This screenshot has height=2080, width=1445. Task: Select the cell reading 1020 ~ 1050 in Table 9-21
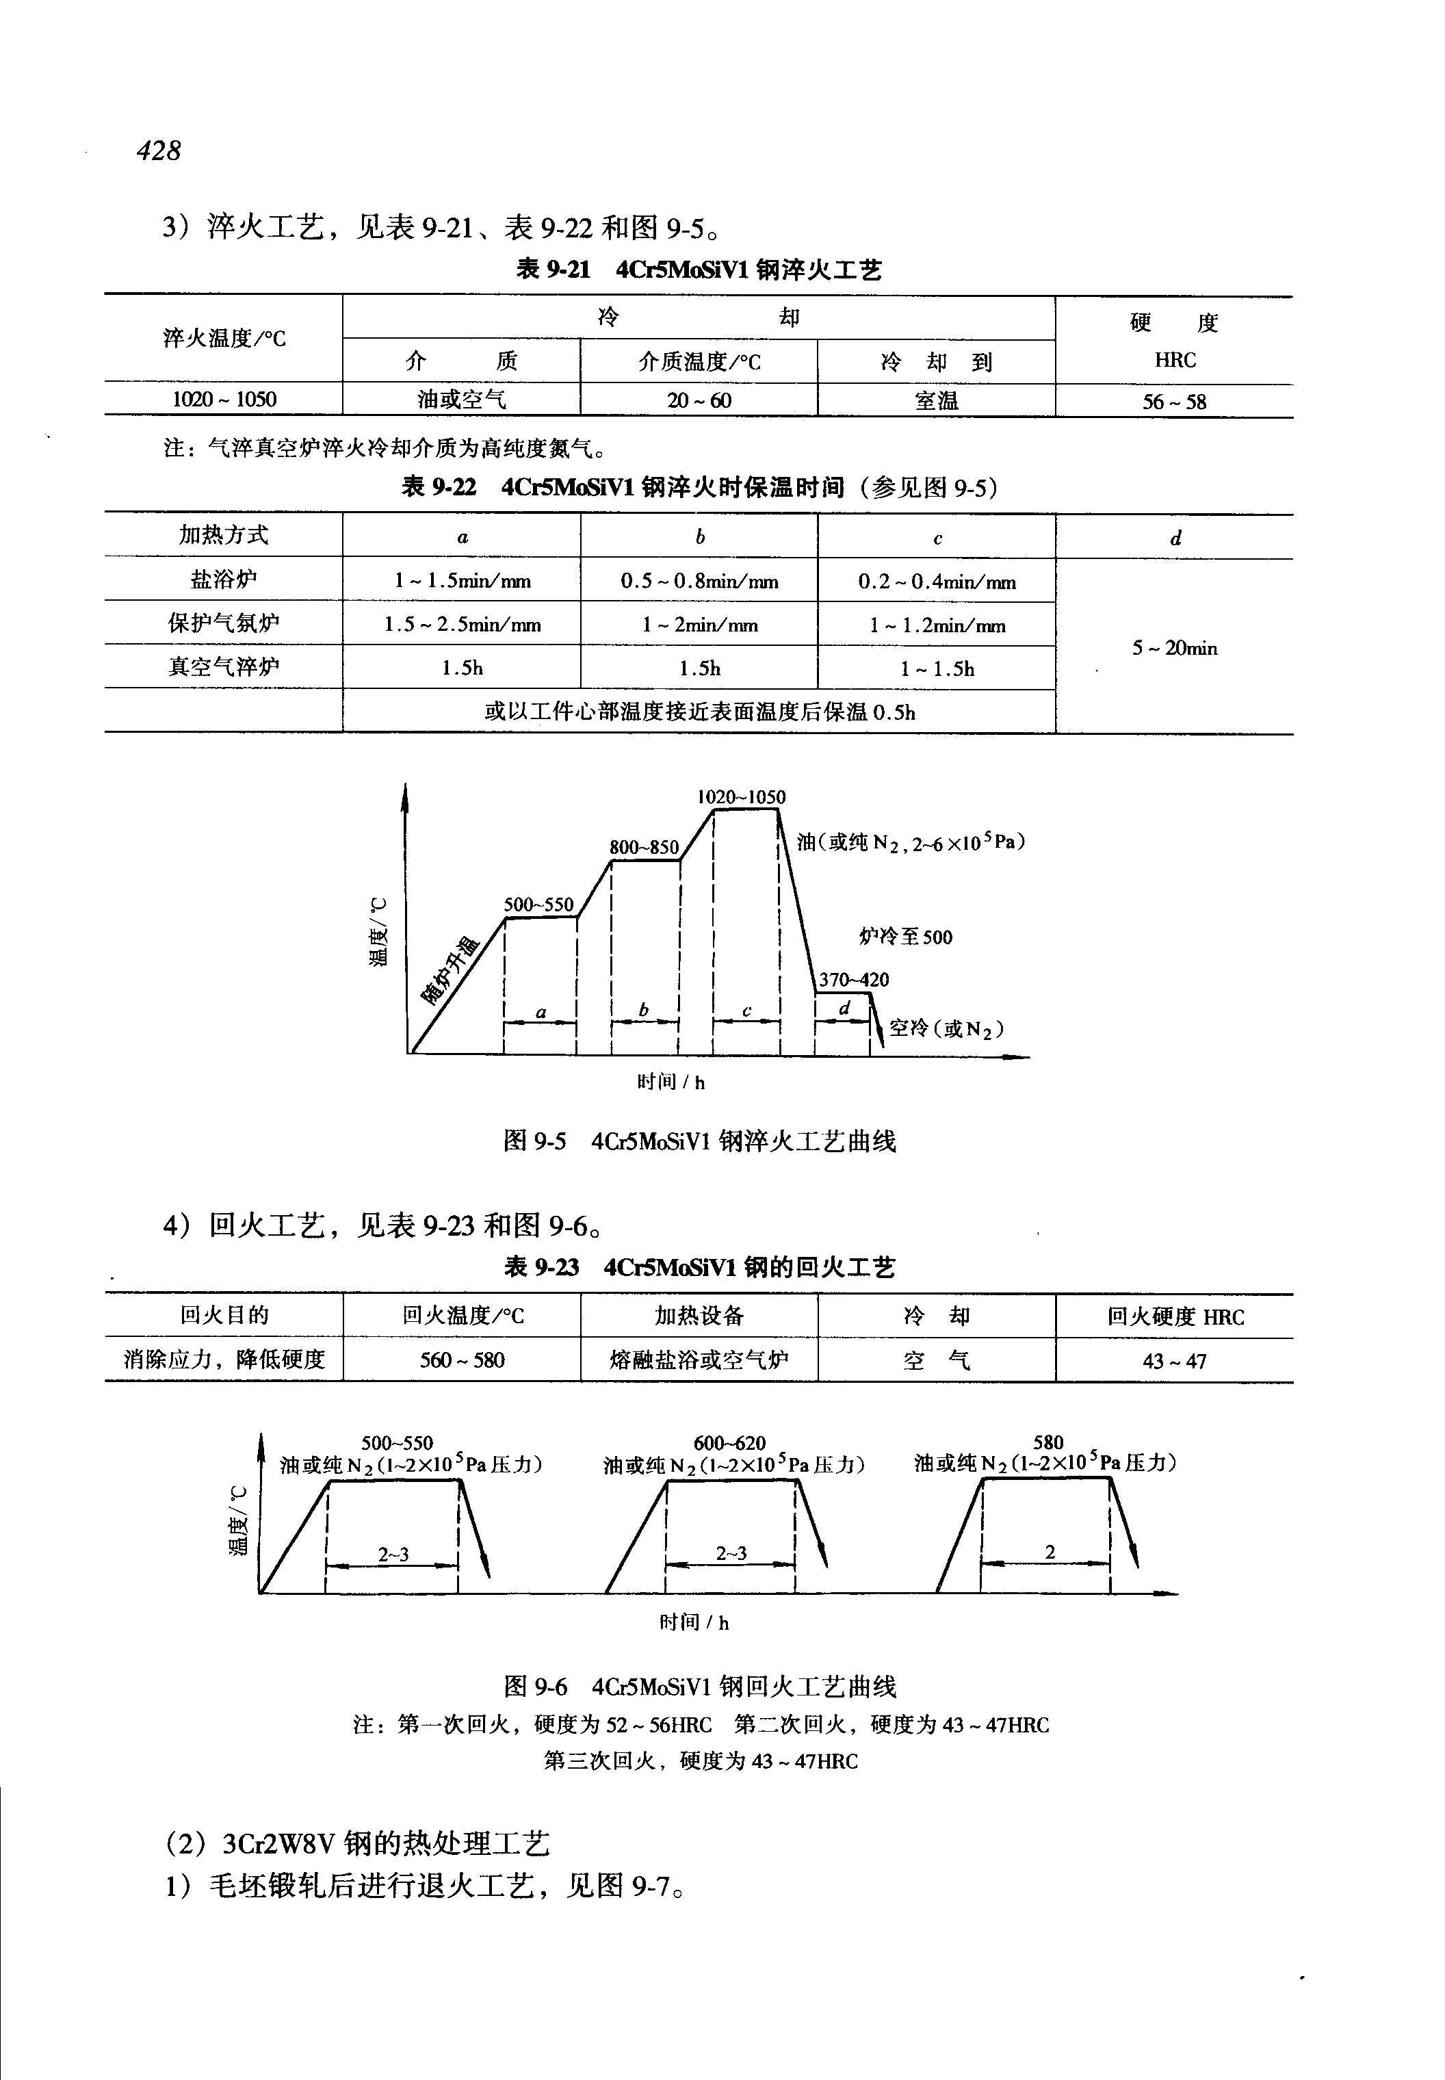(x=224, y=400)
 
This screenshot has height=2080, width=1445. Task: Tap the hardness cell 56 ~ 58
(x=1173, y=401)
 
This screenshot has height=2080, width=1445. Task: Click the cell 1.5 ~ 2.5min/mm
(x=462, y=625)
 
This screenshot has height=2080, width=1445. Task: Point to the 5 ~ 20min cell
(x=1173, y=647)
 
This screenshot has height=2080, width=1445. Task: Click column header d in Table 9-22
(x=1174, y=538)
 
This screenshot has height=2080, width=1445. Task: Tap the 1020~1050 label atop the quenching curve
(x=740, y=797)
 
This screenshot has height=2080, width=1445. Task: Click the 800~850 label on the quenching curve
(x=644, y=846)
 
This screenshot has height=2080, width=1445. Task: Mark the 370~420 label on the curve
(x=854, y=979)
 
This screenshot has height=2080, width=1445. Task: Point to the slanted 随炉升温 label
(x=450, y=971)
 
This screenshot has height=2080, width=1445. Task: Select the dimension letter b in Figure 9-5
(x=644, y=1009)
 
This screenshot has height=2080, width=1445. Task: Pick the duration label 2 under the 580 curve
(x=1050, y=1551)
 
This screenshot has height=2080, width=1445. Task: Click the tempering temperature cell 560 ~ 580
(x=462, y=1360)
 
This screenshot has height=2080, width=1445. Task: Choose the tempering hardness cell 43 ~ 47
(x=1173, y=1361)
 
